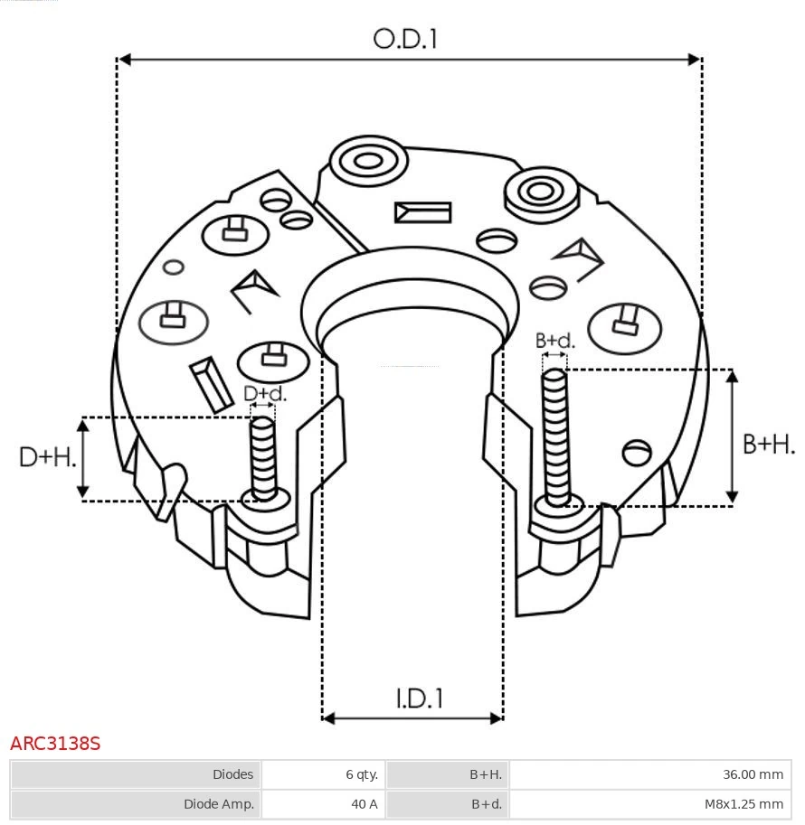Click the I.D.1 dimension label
(x=419, y=698)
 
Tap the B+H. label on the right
(x=769, y=444)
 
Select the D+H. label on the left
(x=47, y=457)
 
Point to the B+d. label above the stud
(x=554, y=341)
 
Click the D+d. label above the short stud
(x=265, y=394)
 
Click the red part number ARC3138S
(x=55, y=744)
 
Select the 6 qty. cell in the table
(x=361, y=774)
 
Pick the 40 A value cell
(x=365, y=803)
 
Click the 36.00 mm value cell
(x=753, y=774)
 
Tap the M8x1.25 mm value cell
(x=743, y=803)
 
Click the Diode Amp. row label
(x=219, y=803)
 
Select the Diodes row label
(x=232, y=774)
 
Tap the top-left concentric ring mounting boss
(x=367, y=163)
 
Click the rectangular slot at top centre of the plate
(x=422, y=212)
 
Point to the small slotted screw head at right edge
(x=638, y=452)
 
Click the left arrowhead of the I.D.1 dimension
(x=328, y=718)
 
